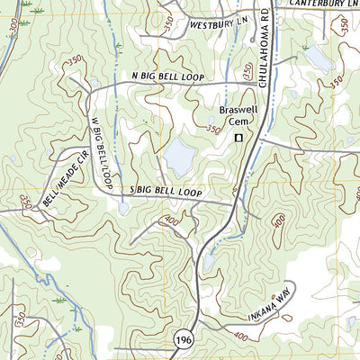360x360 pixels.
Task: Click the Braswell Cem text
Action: (238, 116)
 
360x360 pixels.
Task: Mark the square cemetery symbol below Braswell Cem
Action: (239, 138)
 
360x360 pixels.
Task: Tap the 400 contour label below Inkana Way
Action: (240, 337)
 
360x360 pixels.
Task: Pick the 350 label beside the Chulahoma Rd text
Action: (248, 68)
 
